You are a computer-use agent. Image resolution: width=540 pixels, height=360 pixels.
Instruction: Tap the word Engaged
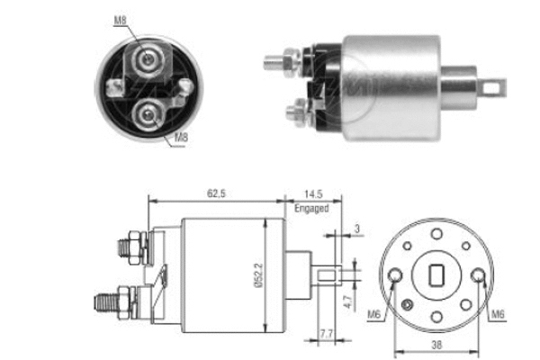311,208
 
